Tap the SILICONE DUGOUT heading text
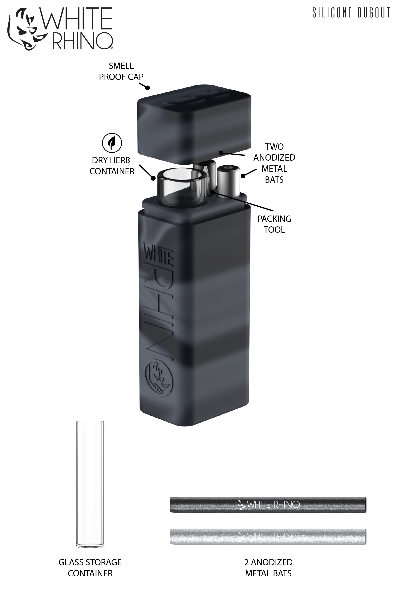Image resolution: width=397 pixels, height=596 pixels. [x=351, y=13]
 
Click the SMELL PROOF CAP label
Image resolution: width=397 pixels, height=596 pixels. [x=121, y=71]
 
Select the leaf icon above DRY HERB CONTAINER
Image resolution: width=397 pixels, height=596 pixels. [x=112, y=143]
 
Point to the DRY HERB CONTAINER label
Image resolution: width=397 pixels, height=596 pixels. [x=112, y=166]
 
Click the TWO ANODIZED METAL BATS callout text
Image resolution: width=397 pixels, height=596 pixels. [x=274, y=163]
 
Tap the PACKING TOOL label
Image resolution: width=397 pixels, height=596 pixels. [x=274, y=224]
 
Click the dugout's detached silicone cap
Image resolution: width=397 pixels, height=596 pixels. [x=194, y=124]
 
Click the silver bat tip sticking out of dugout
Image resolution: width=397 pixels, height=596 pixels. [x=228, y=179]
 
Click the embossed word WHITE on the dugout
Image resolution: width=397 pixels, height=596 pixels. [x=158, y=255]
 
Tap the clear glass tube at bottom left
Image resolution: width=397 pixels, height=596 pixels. [x=90, y=484]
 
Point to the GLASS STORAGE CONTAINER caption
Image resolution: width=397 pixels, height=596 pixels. [x=90, y=568]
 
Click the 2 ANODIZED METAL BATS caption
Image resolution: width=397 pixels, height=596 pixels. [x=268, y=568]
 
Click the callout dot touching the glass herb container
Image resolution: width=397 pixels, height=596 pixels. [x=153, y=178]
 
